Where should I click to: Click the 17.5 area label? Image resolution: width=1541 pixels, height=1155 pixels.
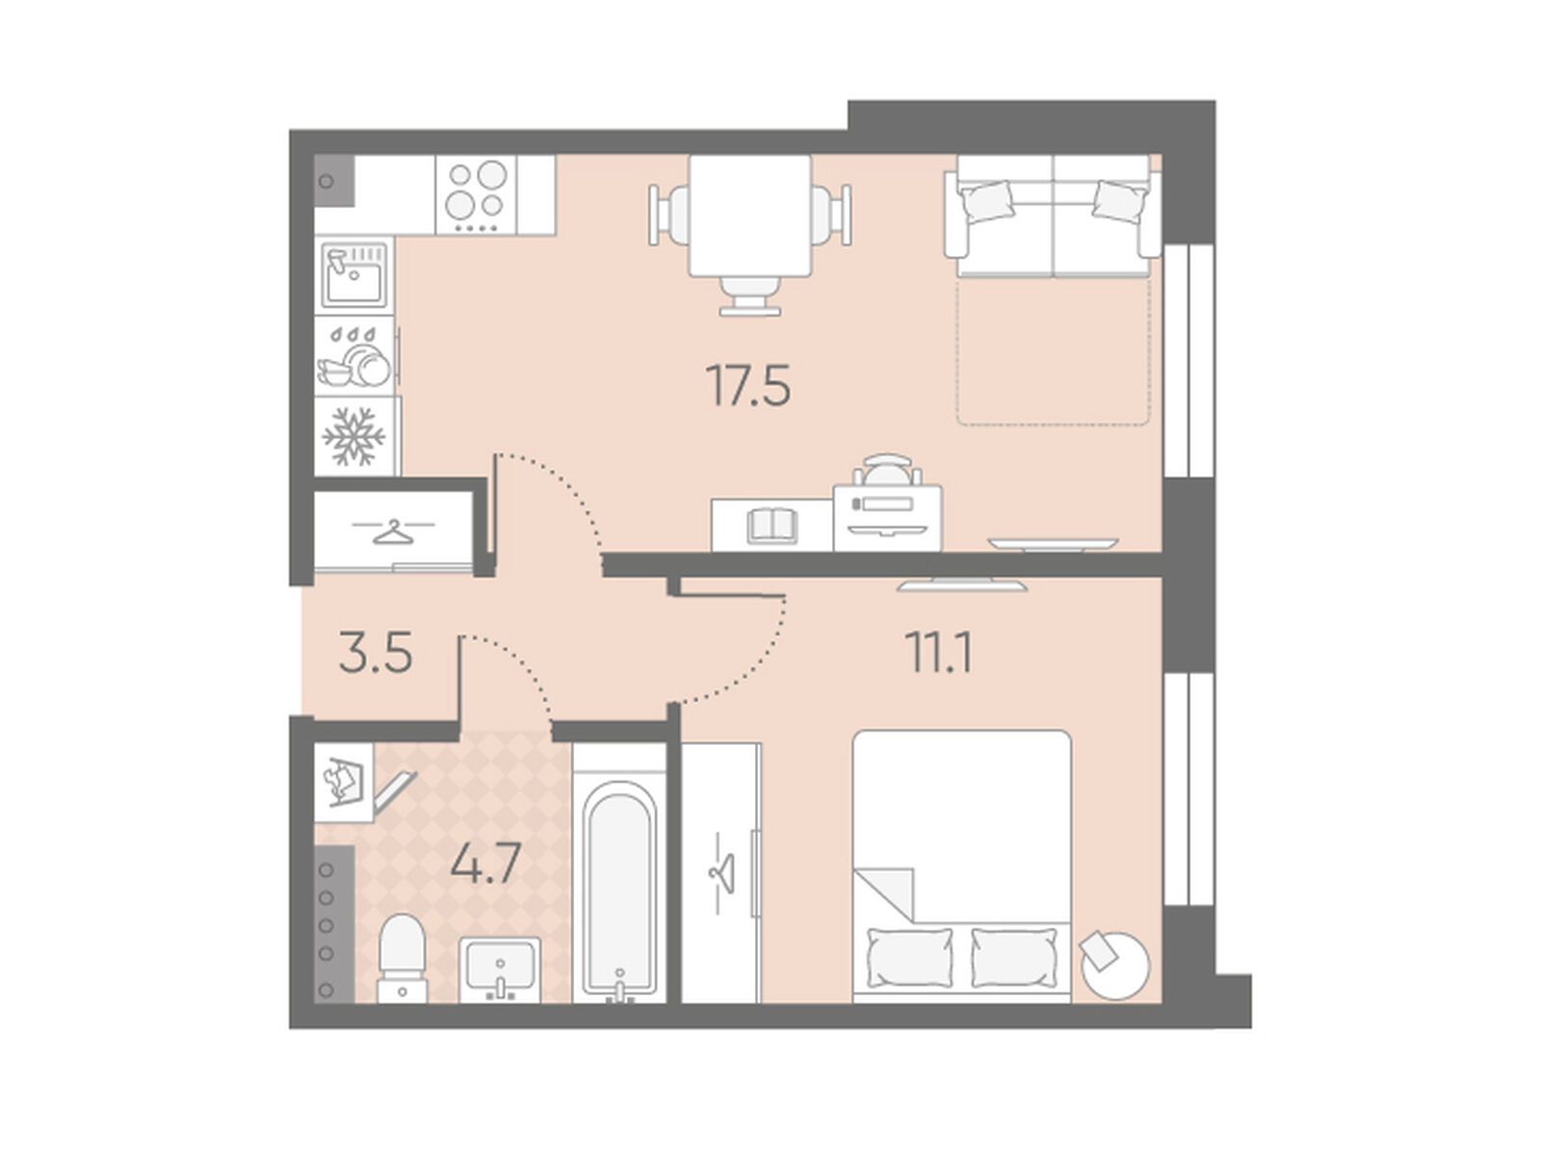(749, 386)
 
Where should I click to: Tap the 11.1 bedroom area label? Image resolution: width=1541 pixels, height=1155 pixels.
(938, 653)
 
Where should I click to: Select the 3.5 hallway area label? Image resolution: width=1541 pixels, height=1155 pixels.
(375, 653)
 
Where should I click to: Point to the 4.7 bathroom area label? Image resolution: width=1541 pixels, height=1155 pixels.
(485, 863)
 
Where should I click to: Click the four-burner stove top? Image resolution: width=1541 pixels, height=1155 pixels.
(476, 195)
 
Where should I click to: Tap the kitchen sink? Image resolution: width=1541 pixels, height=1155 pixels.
(354, 275)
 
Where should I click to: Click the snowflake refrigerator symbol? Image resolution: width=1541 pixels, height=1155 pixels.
(353, 436)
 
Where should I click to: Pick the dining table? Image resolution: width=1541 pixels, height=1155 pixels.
(749, 216)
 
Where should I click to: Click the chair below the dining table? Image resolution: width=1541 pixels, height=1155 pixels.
(749, 295)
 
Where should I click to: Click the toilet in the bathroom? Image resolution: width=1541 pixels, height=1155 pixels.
(403, 958)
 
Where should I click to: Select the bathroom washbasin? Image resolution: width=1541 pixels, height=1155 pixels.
(500, 970)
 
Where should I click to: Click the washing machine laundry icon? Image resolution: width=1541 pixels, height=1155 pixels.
(343, 782)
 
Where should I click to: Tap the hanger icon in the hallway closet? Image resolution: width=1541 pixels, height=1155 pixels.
(393, 531)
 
